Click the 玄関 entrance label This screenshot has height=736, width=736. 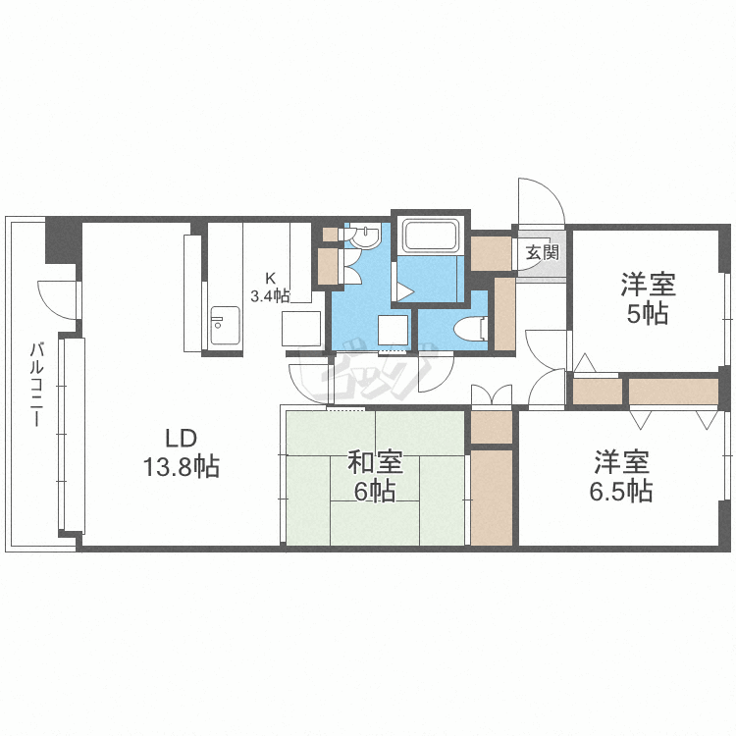[x=542, y=252]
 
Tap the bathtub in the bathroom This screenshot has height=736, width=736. [x=431, y=236]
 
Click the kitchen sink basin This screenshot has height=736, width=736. [x=225, y=325]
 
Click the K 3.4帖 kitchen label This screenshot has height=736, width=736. [x=270, y=288]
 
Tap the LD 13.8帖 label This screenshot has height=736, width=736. [x=181, y=453]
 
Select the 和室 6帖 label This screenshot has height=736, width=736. [x=375, y=477]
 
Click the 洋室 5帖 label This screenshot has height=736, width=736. [x=648, y=298]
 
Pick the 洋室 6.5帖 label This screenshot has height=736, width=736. [x=621, y=476]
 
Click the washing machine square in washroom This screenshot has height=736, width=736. [x=393, y=330]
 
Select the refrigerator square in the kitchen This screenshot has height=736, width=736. [x=301, y=329]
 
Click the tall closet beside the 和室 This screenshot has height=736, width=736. [x=492, y=498]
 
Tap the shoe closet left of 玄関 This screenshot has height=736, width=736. [x=491, y=253]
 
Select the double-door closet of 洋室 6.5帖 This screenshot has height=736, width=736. [x=673, y=392]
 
